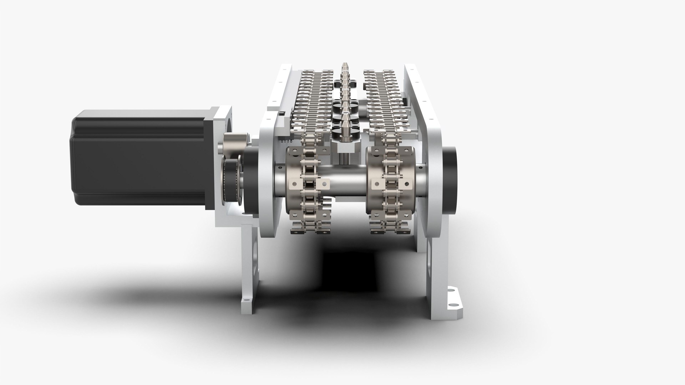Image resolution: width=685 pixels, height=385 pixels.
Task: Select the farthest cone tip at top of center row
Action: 345,66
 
